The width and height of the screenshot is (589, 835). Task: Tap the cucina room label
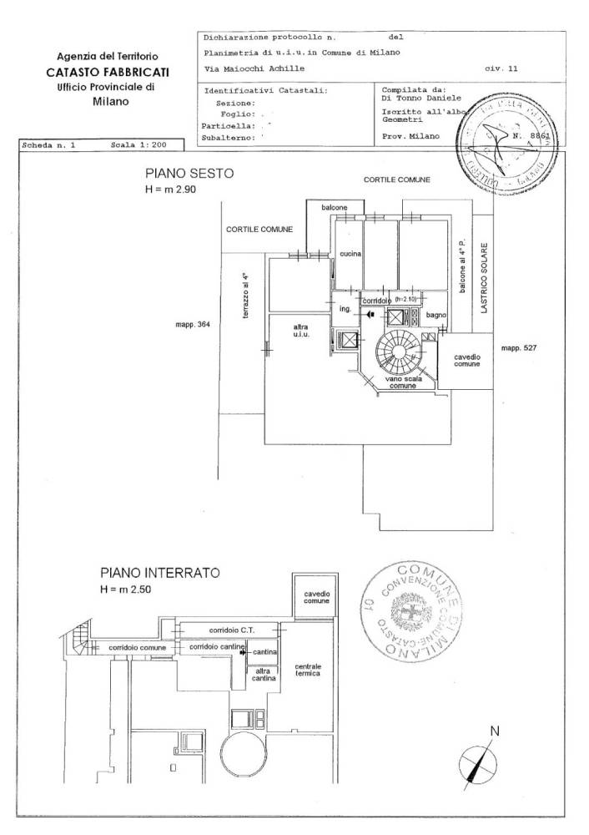tap(350, 254)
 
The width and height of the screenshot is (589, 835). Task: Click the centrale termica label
tap(308, 670)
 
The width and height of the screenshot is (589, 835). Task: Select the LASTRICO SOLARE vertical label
tap(482, 278)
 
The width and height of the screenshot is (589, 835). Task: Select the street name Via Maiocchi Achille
tap(254, 68)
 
